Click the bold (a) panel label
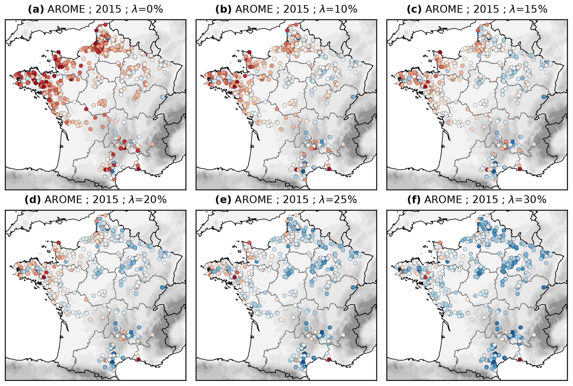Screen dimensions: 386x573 coord(36,9)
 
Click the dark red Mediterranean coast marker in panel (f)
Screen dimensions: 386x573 coord(520,359)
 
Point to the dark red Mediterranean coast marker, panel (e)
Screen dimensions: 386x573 coord(329,359)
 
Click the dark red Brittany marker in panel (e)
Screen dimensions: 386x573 coord(235,277)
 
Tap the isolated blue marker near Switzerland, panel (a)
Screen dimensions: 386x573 coord(162,97)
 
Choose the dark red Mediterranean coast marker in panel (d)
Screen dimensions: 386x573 coord(138,359)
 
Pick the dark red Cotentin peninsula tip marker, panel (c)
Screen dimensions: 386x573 coord(440,52)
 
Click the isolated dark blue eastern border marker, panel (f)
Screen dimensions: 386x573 coord(544,287)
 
